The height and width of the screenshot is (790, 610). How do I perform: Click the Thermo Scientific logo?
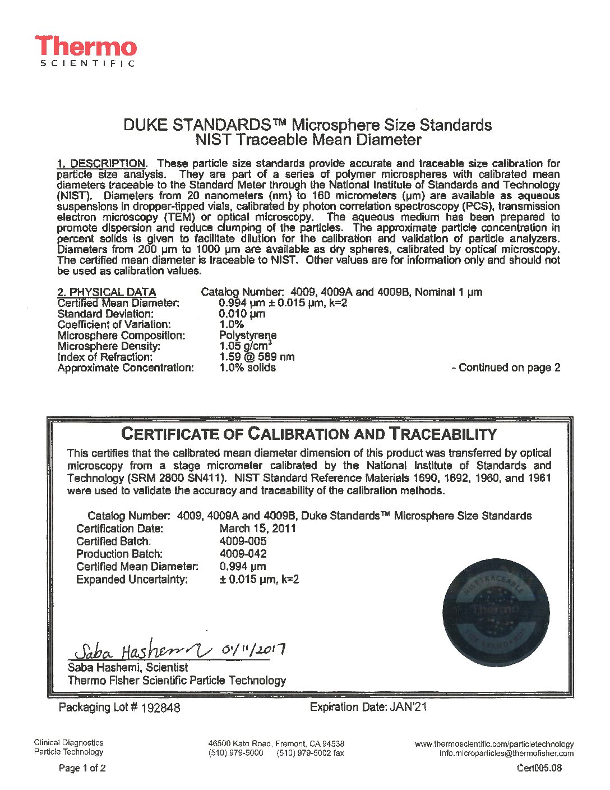pos(86,51)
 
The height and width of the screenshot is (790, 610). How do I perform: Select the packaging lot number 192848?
pos(161,708)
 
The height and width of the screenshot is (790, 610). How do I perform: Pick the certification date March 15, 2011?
pos(257,529)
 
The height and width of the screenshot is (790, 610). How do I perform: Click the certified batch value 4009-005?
pos(243,541)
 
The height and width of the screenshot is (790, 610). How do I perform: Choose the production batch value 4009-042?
pos(243,554)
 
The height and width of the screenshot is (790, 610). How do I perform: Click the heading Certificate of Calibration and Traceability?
pos(309,434)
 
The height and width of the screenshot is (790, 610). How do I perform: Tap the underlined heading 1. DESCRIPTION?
pos(101,164)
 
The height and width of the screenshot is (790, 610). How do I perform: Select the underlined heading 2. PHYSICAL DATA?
pos(107,292)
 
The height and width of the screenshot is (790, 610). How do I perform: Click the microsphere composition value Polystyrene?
pos(247,336)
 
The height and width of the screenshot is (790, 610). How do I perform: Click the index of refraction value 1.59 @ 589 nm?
pos(256,357)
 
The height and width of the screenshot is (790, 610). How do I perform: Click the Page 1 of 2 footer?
pos(82,768)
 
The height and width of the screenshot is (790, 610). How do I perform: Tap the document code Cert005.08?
pos(539,768)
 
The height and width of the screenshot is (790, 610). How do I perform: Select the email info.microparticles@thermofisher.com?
pos(506,754)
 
